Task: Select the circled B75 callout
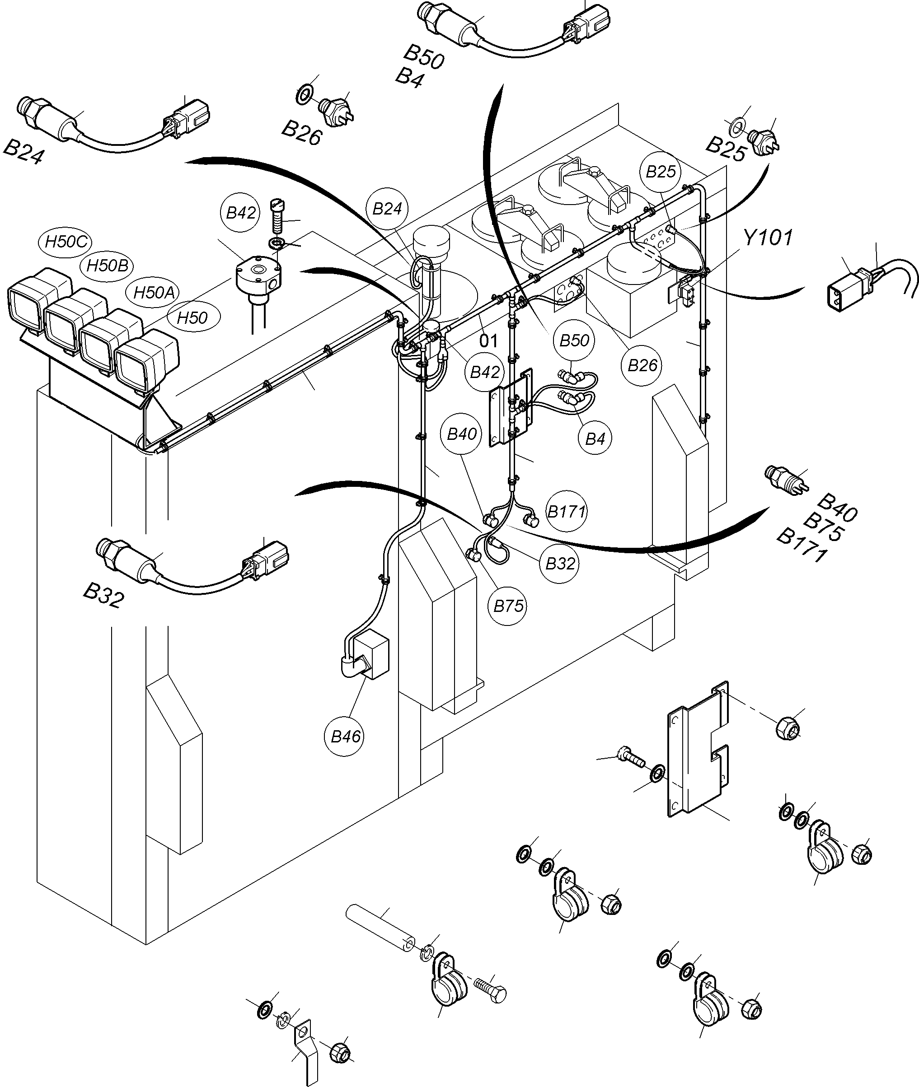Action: coord(508,606)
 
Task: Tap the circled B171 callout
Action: coord(566,512)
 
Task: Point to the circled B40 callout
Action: coord(462,434)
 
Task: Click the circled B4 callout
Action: coord(595,439)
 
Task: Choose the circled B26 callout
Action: coord(642,365)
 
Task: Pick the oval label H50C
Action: coord(66,242)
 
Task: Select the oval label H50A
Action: coord(154,293)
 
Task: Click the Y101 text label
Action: coord(768,238)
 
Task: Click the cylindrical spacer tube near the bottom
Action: coord(381,929)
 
